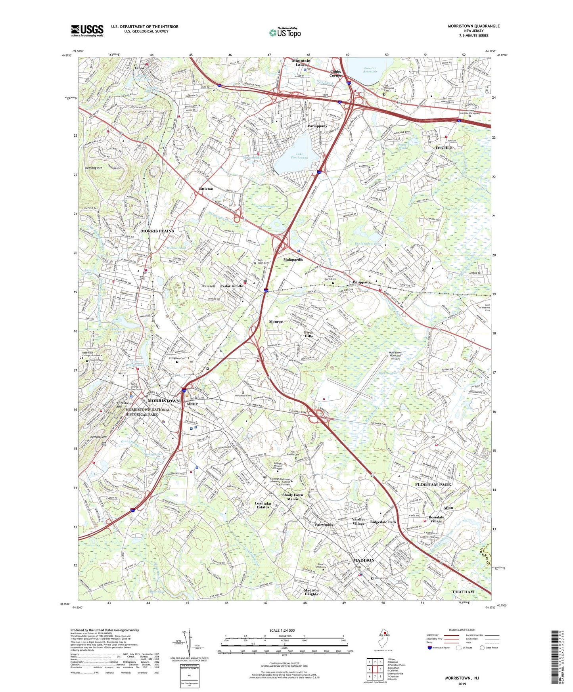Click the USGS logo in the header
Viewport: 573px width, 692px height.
coord(87,30)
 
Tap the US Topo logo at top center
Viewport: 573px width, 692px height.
coord(285,32)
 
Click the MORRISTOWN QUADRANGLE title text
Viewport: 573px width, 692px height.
coord(473,26)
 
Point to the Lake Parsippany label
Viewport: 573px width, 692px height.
coord(296,156)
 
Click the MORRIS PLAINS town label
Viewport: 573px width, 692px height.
coord(157,231)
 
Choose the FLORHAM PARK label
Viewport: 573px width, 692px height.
coord(433,485)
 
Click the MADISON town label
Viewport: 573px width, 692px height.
coord(364,560)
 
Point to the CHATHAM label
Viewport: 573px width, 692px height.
coord(463,592)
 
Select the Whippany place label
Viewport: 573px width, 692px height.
coord(361,282)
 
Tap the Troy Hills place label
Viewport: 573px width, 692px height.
coord(444,148)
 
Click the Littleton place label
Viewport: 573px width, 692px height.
coord(205,189)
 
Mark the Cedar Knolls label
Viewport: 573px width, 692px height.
coord(232,286)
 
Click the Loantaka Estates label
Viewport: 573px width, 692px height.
coord(262,505)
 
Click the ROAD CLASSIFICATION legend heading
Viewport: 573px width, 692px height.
coord(462,630)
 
